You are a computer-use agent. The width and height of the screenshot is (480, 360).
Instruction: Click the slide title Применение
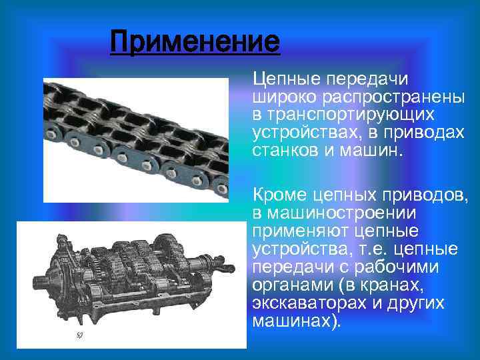click(x=195, y=42)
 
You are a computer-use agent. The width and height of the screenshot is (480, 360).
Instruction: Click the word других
click(x=433, y=301)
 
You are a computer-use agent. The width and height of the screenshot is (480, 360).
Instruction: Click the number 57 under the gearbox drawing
click(x=78, y=335)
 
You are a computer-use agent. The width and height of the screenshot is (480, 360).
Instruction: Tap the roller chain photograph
click(x=137, y=140)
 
